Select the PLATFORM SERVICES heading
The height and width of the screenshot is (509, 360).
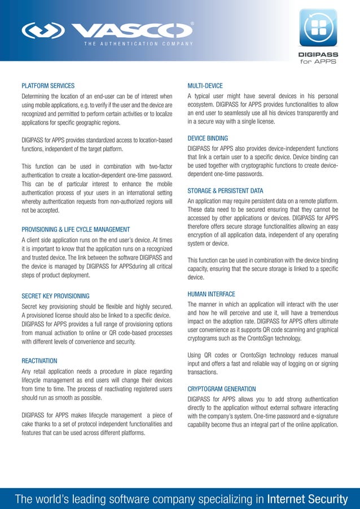point(48,86)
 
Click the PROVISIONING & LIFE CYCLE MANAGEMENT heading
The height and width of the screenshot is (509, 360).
point(76,230)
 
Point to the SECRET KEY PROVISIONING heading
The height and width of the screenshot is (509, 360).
point(55,295)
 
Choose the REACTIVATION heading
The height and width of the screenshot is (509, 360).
point(39,360)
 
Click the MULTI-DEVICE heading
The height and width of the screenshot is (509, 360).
point(205,86)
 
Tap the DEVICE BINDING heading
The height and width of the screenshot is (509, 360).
point(208,138)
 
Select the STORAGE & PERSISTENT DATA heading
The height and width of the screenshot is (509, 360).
point(225,191)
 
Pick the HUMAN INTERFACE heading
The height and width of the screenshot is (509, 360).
point(211,294)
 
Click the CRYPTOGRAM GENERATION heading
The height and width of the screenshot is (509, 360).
point(222,389)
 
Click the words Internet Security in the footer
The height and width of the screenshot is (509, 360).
point(307,499)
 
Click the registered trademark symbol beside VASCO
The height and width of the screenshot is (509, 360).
point(193,24)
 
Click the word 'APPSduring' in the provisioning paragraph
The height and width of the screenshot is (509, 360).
point(106,266)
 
